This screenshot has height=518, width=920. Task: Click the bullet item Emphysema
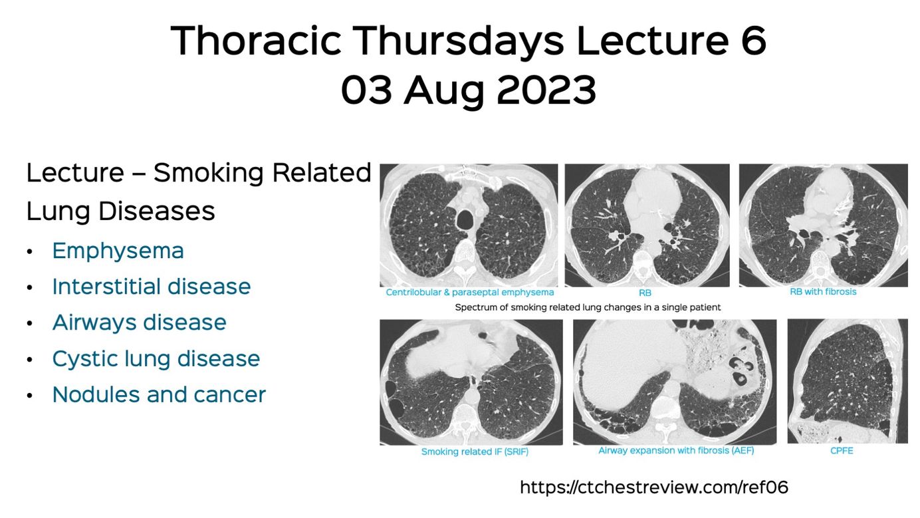tap(118, 251)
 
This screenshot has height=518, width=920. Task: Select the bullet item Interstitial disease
tap(152, 287)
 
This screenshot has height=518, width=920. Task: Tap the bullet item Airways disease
tap(139, 323)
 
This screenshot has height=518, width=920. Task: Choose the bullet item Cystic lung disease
tap(156, 358)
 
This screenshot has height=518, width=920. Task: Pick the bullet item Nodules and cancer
tap(159, 394)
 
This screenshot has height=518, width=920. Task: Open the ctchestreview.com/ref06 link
tap(654, 487)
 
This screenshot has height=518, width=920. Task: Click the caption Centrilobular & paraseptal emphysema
tap(469, 292)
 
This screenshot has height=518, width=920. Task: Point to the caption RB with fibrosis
tap(823, 292)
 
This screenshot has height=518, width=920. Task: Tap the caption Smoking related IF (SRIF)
tap(475, 452)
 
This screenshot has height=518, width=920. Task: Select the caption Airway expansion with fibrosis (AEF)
tap(676, 451)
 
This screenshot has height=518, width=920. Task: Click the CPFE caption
tap(842, 451)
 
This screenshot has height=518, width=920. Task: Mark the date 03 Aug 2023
tap(468, 90)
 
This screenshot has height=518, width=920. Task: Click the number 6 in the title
tap(753, 41)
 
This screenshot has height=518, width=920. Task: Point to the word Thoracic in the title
tap(255, 41)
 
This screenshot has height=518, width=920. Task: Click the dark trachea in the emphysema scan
tap(465, 219)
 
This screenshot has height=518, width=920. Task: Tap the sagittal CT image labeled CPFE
tap(848, 381)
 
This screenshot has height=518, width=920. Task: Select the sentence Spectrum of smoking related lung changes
tap(588, 307)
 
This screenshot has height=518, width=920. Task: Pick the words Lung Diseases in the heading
tap(121, 211)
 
